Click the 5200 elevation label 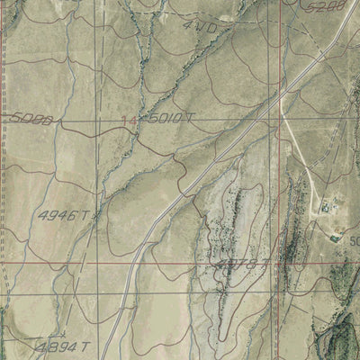326,8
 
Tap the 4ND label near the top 200,27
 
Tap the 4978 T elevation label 244,264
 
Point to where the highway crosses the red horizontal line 133,265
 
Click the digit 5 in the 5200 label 310,8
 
